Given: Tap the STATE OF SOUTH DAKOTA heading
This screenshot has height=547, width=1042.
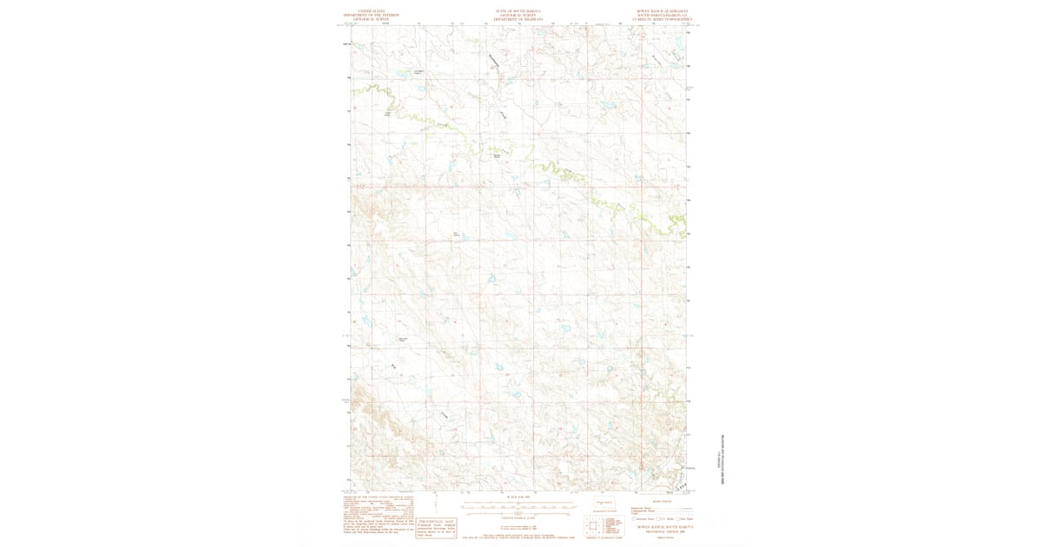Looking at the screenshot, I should click(518, 11).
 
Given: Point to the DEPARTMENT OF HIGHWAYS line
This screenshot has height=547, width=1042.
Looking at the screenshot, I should click(518, 18).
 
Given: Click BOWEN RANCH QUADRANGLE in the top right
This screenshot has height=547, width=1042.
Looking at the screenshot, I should click(666, 11).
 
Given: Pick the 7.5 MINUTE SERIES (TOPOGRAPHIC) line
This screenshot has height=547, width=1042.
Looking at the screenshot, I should click(666, 18).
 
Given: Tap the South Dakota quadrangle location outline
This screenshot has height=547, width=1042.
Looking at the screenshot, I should click(603, 503).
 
